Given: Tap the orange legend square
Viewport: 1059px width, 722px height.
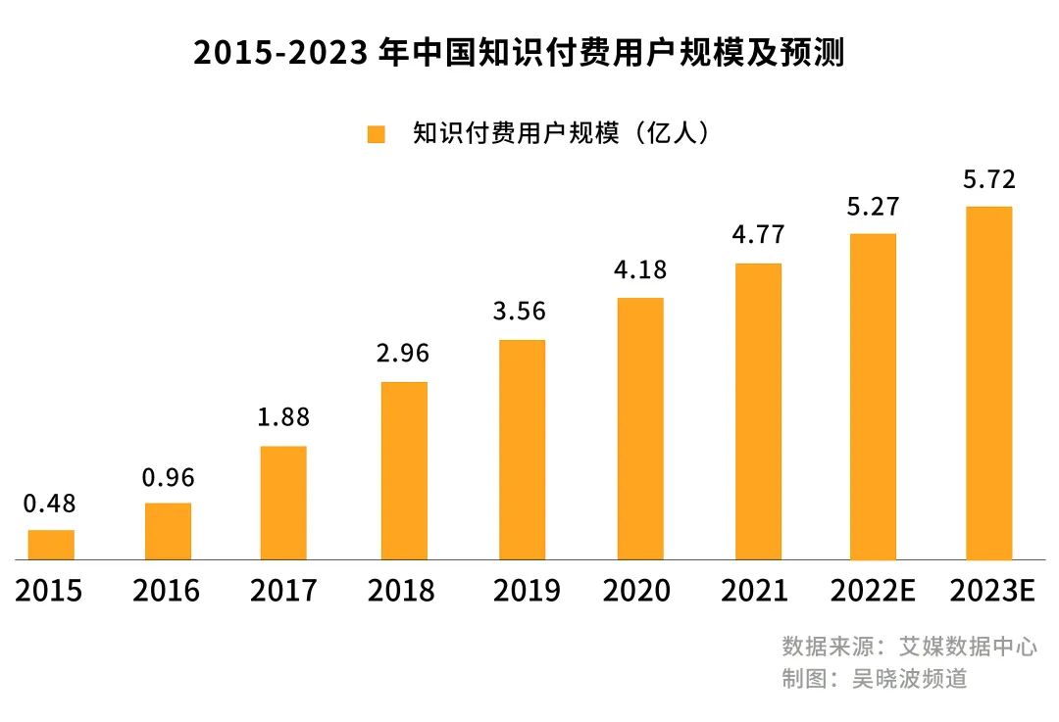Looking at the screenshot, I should click(x=377, y=134).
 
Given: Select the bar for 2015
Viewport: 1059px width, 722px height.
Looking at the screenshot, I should click(x=51, y=545).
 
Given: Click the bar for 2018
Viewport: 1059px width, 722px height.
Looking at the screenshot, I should click(x=404, y=470).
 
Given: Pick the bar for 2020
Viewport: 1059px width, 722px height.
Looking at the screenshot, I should click(x=640, y=428).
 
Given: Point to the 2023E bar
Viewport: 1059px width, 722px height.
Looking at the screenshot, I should click(x=988, y=383).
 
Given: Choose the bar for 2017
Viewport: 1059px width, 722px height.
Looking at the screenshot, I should click(x=283, y=503).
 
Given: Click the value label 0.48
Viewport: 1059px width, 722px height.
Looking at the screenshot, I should click(x=49, y=505).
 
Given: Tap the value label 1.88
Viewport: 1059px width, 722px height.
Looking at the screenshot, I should click(x=283, y=417).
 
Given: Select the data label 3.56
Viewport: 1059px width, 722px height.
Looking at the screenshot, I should click(x=521, y=312).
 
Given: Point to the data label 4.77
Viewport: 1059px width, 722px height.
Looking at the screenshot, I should click(x=758, y=236).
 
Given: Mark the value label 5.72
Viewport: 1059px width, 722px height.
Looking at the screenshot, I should click(x=988, y=180).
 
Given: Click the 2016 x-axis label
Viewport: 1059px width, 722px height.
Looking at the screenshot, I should click(x=166, y=591).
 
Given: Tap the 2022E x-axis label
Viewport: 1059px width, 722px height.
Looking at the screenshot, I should click(x=873, y=591).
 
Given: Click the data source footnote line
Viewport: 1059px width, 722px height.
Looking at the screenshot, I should click(x=909, y=647).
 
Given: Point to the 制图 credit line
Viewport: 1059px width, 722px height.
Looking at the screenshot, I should click(x=874, y=678).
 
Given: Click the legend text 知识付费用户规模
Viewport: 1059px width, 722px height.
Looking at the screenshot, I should click(x=517, y=134).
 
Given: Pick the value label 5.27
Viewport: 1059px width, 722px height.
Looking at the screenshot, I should click(x=873, y=208).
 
